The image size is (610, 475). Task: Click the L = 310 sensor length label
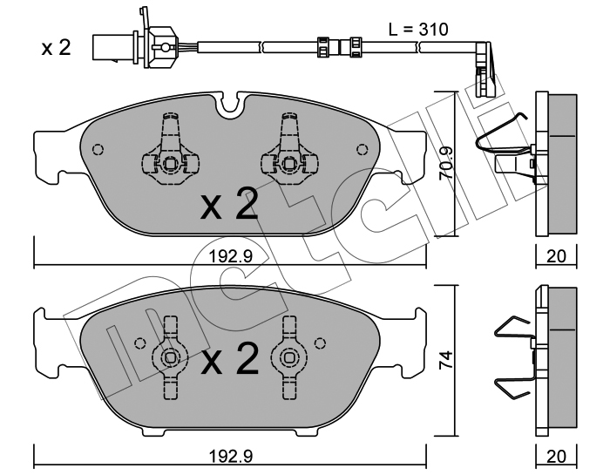(418, 30)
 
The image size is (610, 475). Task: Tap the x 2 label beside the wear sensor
(57, 48)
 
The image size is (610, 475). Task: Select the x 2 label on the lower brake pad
(229, 359)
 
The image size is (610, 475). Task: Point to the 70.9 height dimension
(445, 163)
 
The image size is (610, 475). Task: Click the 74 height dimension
(445, 361)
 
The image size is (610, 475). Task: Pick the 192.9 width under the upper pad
(231, 256)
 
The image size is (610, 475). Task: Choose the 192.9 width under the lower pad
(231, 457)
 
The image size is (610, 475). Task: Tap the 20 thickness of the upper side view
(556, 256)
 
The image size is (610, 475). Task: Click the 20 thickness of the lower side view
(556, 457)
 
